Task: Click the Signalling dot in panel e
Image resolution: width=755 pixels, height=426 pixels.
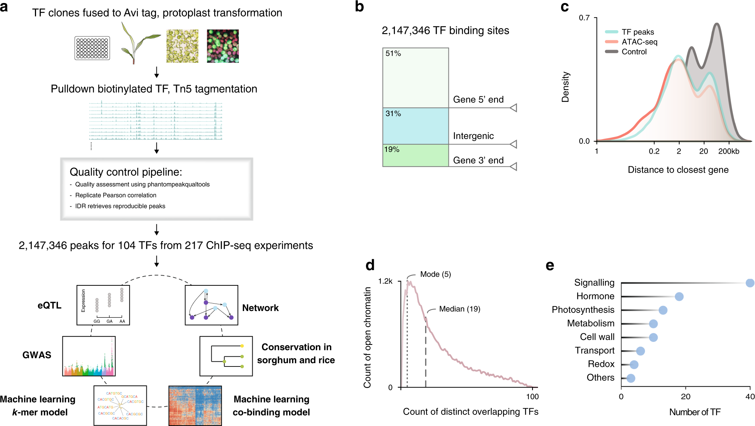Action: [x=750, y=283]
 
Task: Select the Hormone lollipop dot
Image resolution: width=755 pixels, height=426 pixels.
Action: [x=679, y=297]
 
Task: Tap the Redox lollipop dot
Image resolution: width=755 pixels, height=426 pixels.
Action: [x=634, y=365]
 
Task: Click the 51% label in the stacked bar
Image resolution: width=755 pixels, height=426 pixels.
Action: [x=393, y=54]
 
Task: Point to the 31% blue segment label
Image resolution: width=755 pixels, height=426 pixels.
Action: [x=393, y=114]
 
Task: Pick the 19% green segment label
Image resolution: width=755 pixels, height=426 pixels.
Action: [x=392, y=150]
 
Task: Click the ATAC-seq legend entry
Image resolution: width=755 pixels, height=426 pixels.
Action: [x=639, y=42]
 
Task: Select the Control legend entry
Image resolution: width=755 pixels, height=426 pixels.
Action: [x=634, y=52]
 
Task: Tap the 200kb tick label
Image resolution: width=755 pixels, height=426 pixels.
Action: [x=728, y=151]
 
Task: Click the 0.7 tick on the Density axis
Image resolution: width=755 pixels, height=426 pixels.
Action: [x=584, y=18]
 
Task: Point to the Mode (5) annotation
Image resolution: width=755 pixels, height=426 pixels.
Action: [x=435, y=275]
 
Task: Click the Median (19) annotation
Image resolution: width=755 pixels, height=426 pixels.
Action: [x=459, y=309]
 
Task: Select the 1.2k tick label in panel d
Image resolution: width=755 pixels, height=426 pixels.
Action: [x=385, y=281]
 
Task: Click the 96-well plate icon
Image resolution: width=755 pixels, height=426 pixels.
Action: [x=92, y=48]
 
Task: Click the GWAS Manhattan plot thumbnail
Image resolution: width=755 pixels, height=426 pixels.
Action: [x=89, y=356]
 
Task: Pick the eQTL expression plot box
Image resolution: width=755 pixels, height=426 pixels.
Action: [x=103, y=305]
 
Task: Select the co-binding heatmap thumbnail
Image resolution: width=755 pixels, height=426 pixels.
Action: [x=195, y=406]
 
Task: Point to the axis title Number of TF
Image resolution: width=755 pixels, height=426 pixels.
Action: [x=694, y=412]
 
